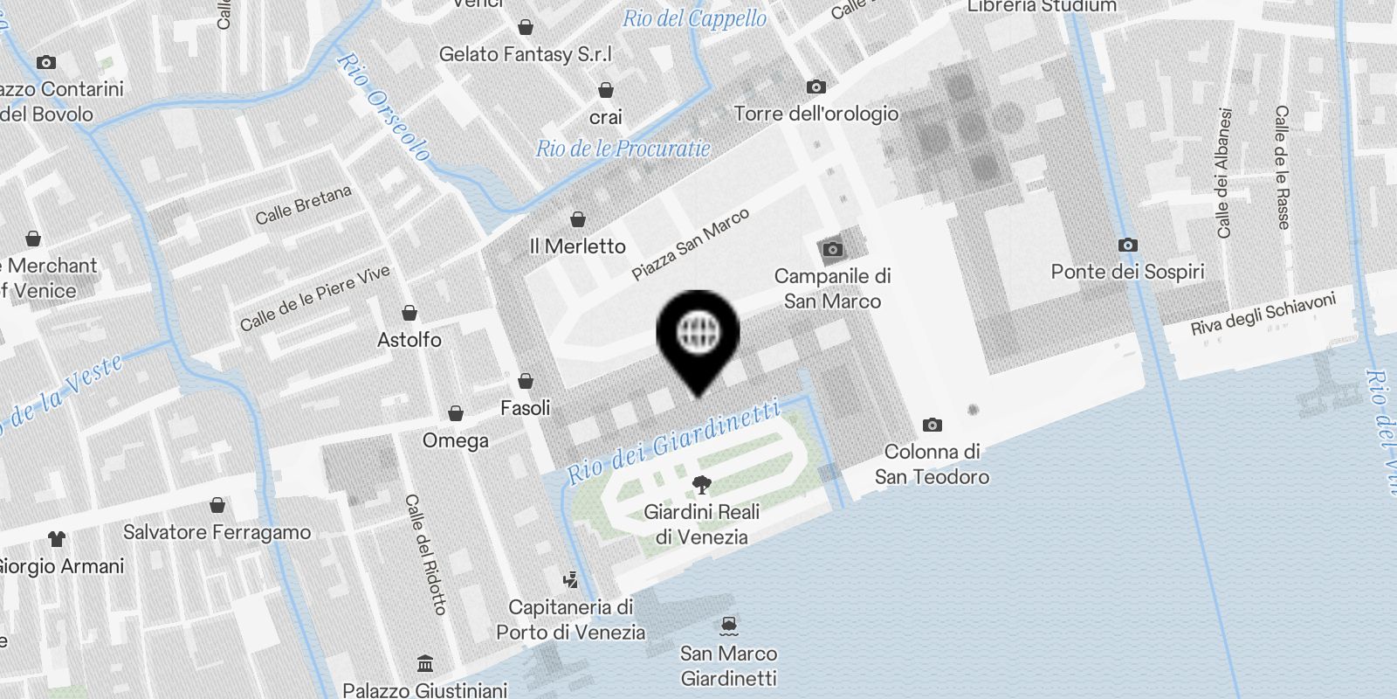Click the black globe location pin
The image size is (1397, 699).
click(698, 335)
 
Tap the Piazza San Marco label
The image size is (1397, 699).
click(691, 245)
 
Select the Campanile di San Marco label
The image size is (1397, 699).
click(832, 288)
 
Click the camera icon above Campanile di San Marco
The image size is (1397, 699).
click(833, 250)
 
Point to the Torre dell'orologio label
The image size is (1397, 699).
click(815, 114)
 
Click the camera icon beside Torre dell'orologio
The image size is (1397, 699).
click(816, 87)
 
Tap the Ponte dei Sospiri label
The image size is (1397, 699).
click(1127, 272)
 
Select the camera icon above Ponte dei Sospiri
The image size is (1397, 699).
click(1128, 245)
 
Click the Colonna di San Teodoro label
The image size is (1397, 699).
click(932, 464)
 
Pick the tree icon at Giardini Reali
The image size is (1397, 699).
click(701, 485)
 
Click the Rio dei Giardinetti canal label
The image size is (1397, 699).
click(673, 442)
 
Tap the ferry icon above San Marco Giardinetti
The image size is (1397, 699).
click(729, 626)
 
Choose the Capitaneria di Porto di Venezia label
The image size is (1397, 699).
click(571, 619)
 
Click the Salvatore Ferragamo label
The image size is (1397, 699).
click(217, 532)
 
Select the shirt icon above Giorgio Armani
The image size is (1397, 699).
click(57, 538)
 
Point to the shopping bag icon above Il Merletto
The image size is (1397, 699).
click(577, 219)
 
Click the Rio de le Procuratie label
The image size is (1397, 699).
click(623, 149)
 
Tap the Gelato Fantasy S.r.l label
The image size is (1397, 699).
click(526, 54)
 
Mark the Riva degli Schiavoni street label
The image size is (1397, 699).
click(1263, 315)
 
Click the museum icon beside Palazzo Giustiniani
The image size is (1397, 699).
click(425, 663)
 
